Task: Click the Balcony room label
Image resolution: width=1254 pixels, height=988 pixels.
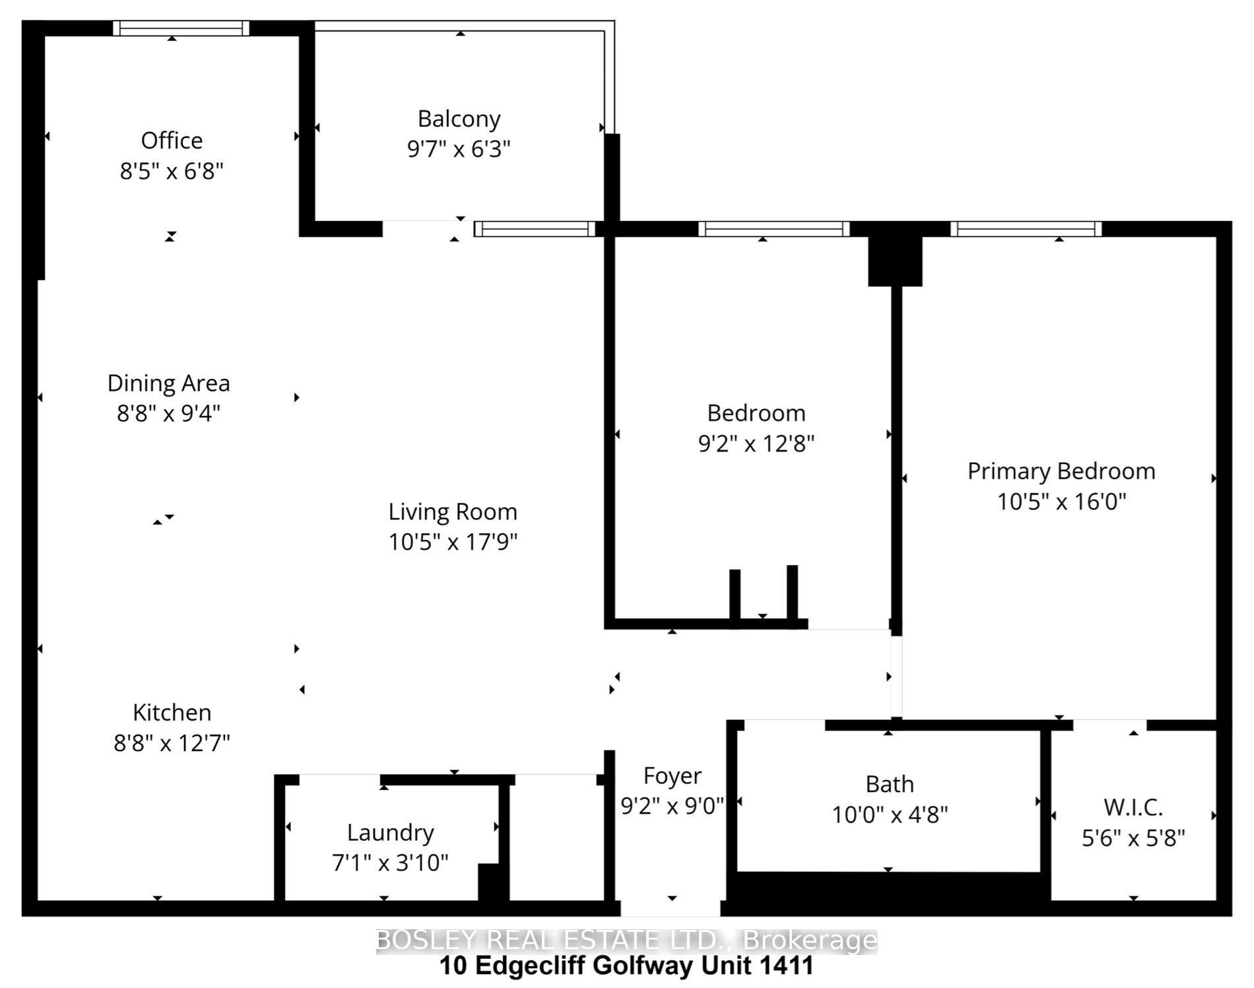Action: coord(459,119)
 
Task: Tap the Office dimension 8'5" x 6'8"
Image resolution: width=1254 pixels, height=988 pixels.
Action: coord(172,172)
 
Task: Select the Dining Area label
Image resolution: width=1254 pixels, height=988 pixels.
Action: coord(168,383)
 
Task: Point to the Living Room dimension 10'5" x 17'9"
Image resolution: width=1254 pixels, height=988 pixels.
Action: coord(453,542)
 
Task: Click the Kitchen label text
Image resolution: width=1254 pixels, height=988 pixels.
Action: coord(172,712)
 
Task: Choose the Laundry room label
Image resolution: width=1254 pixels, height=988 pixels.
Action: coord(390,832)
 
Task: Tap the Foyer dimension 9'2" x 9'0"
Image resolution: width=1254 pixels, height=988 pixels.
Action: coord(672,806)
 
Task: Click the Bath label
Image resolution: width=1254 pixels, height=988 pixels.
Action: coord(889,784)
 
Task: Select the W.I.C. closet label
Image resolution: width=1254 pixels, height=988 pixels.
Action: coord(1133,807)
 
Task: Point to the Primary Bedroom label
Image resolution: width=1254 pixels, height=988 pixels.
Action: coord(1061,471)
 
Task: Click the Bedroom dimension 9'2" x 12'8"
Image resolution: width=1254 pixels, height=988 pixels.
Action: coord(756,444)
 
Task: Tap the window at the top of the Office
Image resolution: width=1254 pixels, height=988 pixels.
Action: coord(181,28)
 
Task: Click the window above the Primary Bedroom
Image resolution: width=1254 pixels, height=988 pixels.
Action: coord(1026,229)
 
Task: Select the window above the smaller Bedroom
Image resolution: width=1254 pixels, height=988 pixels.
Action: coord(774,229)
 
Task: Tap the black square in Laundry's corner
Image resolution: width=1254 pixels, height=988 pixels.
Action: coord(492,882)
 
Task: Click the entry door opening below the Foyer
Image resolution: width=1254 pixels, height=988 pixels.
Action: coord(670,909)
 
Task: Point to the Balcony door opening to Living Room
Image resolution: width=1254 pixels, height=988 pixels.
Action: coord(428,228)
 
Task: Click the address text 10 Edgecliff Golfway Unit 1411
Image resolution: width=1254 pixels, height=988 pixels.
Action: coord(626,966)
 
